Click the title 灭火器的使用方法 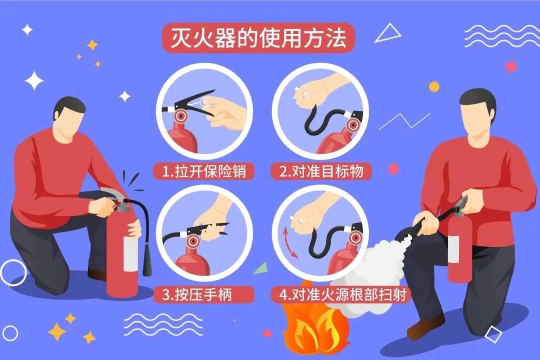[x=258, y=38]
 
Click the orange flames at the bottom [x=310, y=330]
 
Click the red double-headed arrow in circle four [x=289, y=242]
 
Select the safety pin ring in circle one [x=206, y=101]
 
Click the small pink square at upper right [x=511, y=66]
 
